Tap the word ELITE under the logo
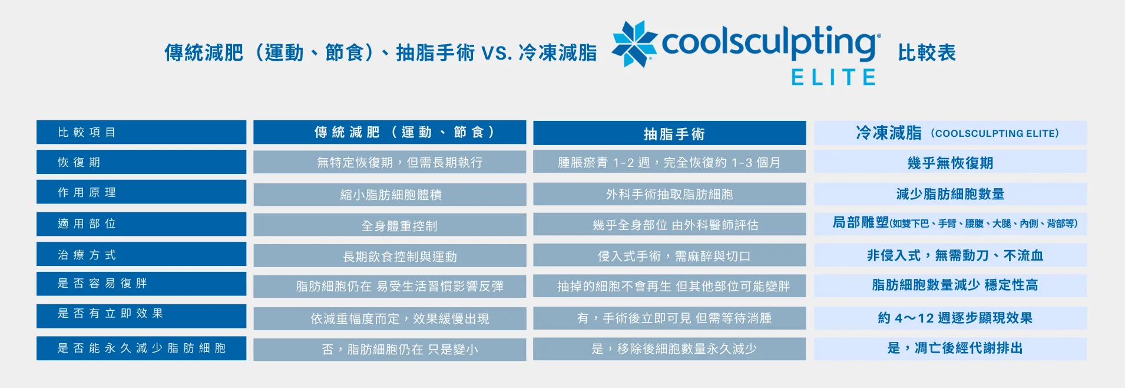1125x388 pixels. [x=833, y=77]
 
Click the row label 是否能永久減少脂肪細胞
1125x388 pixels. [x=141, y=348]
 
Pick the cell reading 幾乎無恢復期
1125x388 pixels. [x=950, y=163]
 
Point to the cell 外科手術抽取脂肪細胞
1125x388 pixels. [x=670, y=194]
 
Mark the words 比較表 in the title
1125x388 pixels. [x=927, y=52]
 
